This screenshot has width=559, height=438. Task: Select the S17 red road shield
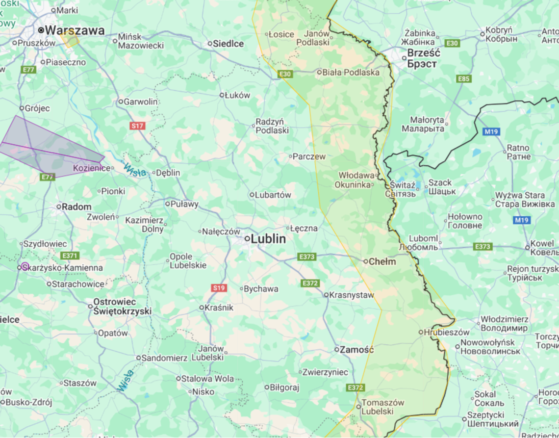tap(138, 126)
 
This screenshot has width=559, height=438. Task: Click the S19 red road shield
tap(219, 288)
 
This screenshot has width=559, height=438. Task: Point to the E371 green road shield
tap(70, 256)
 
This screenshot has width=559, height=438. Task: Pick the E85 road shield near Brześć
tap(463, 78)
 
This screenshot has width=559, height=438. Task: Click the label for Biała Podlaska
tap(351, 72)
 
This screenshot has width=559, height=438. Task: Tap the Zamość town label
tap(357, 350)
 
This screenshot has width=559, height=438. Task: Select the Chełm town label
tap(382, 261)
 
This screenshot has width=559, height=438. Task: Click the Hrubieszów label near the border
tap(440, 332)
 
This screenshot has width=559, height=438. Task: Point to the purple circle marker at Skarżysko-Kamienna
tap(25, 267)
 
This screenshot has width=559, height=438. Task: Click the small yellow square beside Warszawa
tap(70, 39)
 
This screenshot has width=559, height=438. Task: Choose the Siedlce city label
tap(229, 44)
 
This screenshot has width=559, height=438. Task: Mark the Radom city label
tap(76, 207)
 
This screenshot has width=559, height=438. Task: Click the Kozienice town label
tap(91, 168)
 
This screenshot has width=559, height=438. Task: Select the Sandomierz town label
tap(164, 358)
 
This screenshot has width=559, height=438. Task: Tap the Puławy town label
tap(184, 204)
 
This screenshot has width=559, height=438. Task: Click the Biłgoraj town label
tap(284, 387)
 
